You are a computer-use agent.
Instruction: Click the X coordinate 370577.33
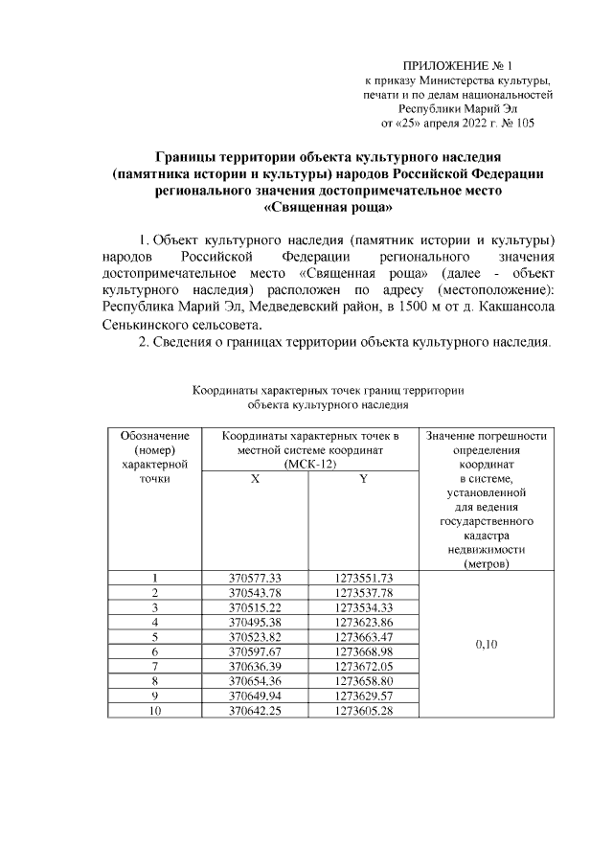pyautogui.click(x=255, y=578)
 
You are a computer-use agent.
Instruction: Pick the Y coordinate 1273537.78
pyautogui.click(x=364, y=592)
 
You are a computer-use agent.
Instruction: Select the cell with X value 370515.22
pyautogui.click(x=255, y=606)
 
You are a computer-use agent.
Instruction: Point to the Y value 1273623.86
pyautogui.click(x=364, y=621)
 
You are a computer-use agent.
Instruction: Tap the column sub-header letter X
pyautogui.click(x=255, y=479)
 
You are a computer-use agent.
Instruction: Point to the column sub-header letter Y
pyautogui.click(x=364, y=479)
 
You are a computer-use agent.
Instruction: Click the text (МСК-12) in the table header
pyautogui.click(x=309, y=464)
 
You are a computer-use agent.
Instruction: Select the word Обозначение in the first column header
pyautogui.click(x=154, y=436)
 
